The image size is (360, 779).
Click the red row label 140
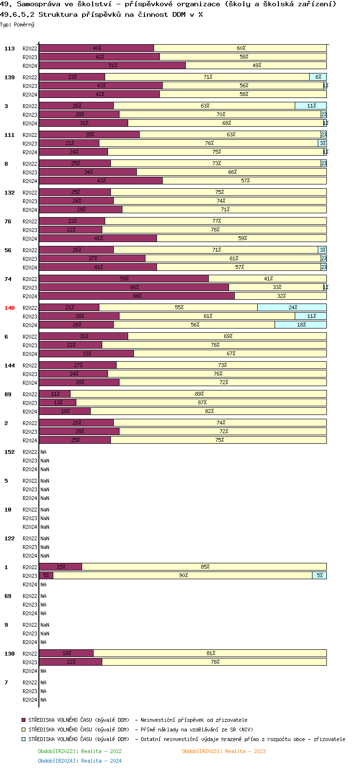coord(9,308)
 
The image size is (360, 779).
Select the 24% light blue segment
coord(292,307)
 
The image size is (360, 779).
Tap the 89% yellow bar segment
coord(198,394)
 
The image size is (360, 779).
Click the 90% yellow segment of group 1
coord(183,575)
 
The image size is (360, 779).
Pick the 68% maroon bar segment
coord(137,296)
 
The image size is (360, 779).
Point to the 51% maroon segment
coord(112,65)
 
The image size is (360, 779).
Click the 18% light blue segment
coord(300,325)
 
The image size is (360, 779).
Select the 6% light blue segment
coord(318,77)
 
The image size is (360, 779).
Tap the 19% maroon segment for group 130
coord(66,653)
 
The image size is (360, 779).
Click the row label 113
coord(9,49)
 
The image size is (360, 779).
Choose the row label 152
coord(9,452)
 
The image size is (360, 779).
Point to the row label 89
coord(8,394)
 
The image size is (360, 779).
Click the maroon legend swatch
coord(24,720)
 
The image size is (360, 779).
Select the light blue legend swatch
coord(24,739)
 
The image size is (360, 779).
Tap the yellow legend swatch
coord(24,730)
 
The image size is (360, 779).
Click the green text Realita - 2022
coord(101,751)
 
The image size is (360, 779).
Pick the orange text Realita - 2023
coord(245,751)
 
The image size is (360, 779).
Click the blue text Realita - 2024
coord(101,761)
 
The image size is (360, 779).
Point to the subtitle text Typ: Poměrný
coord(17,24)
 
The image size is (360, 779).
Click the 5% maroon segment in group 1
coord(46,575)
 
